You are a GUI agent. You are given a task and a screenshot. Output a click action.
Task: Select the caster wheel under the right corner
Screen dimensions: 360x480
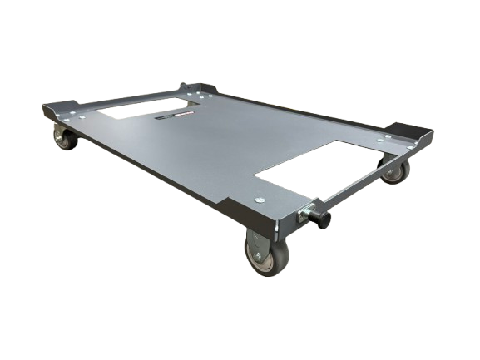(397, 171)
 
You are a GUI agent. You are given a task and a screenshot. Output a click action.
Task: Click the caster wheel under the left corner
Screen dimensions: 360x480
(64, 139)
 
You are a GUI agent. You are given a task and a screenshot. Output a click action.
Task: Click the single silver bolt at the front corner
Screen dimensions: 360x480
(260, 199)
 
